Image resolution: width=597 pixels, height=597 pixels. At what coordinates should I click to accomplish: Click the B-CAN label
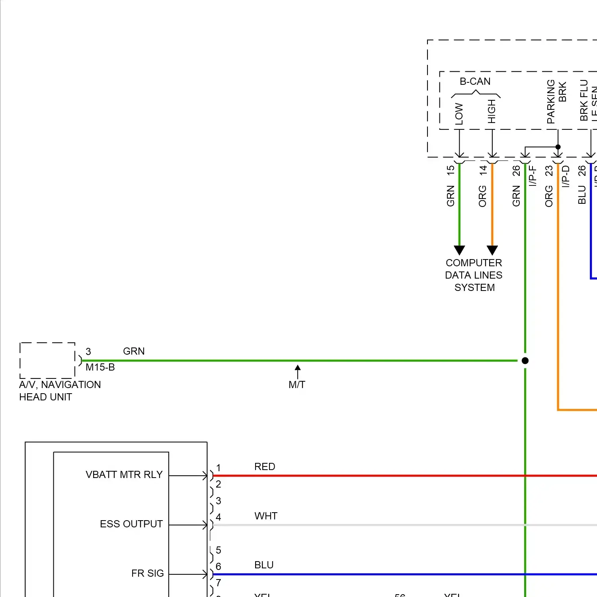click(475, 82)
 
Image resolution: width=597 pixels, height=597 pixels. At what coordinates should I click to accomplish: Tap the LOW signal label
click(459, 114)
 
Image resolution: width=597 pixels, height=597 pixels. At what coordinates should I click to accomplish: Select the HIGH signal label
click(492, 111)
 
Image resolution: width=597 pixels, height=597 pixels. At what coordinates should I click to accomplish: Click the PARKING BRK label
click(556, 101)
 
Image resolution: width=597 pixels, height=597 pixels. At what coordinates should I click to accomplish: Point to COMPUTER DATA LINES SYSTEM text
click(474, 275)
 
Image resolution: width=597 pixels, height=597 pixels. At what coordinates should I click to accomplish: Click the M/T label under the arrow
click(297, 385)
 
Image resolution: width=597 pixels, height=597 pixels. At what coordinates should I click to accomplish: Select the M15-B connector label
click(100, 367)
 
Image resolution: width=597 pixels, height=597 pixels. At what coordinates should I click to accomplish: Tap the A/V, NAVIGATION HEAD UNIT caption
click(60, 391)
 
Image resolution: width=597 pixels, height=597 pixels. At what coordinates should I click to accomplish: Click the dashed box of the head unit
click(47, 360)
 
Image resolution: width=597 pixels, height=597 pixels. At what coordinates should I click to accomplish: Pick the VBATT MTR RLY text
click(124, 475)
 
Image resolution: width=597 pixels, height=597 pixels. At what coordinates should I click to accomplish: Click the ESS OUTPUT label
click(131, 524)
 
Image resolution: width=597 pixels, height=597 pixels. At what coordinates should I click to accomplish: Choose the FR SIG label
click(148, 574)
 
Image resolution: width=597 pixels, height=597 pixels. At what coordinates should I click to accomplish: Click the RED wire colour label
click(265, 467)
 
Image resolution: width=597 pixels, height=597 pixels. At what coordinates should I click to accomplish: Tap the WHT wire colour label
click(266, 516)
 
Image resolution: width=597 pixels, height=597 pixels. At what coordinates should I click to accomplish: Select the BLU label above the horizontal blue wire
click(264, 565)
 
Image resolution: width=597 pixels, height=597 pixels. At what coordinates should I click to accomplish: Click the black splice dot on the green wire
click(525, 361)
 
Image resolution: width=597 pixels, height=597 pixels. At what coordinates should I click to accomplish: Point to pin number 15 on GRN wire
click(451, 170)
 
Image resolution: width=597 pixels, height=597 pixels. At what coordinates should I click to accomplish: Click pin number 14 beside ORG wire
click(483, 170)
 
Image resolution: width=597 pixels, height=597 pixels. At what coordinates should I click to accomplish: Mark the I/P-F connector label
click(533, 176)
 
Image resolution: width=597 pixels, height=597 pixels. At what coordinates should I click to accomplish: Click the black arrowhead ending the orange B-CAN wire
click(492, 250)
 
